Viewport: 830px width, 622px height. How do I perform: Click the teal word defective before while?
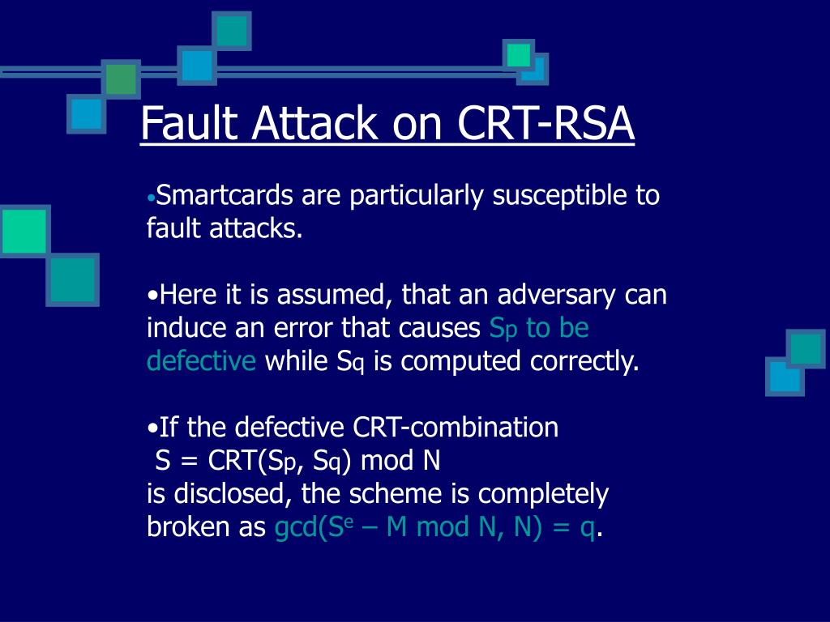(201, 361)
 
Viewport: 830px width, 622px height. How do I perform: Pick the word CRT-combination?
(456, 427)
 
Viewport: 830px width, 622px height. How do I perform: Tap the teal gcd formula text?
(436, 527)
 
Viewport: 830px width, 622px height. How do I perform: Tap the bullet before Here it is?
(152, 296)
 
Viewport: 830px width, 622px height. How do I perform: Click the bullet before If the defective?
(152, 428)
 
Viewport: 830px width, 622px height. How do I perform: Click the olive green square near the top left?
(121, 79)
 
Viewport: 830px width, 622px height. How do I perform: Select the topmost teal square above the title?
(232, 31)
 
